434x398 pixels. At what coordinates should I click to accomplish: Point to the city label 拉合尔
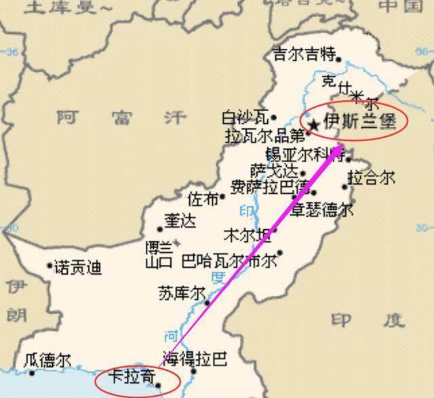click(371, 178)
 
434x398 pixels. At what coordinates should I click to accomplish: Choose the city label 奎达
click(178, 222)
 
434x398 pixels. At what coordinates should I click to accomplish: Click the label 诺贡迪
click(79, 268)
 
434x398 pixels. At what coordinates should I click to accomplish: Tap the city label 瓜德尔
click(46, 361)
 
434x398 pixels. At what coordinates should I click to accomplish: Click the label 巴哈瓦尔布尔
click(229, 260)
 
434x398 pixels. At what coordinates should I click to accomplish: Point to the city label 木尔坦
click(247, 235)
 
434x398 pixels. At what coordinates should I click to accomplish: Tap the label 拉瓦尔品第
click(265, 135)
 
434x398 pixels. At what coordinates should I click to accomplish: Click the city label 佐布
click(203, 199)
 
